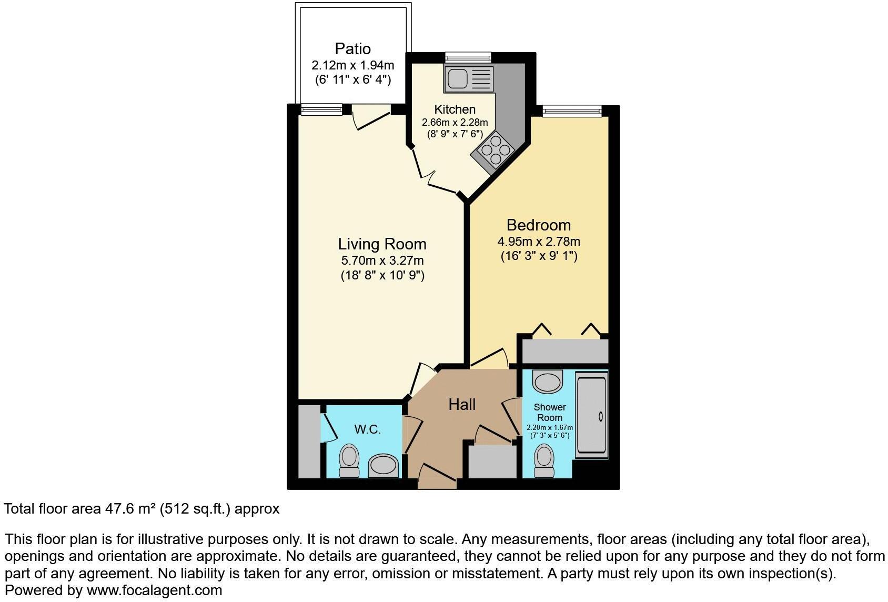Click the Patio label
pos(352,49)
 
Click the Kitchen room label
pos(455,109)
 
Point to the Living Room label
pos(382,244)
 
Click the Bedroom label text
pos(538,225)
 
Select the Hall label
pos(462,404)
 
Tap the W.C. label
pos(367,429)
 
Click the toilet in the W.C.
pos(349,461)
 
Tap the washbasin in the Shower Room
pos(547,381)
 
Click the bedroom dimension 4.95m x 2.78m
pos(538,242)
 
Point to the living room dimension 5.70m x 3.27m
pos(382,260)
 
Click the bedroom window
pos(572,111)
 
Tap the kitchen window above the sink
pos(468,57)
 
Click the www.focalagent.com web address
pos(154,590)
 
